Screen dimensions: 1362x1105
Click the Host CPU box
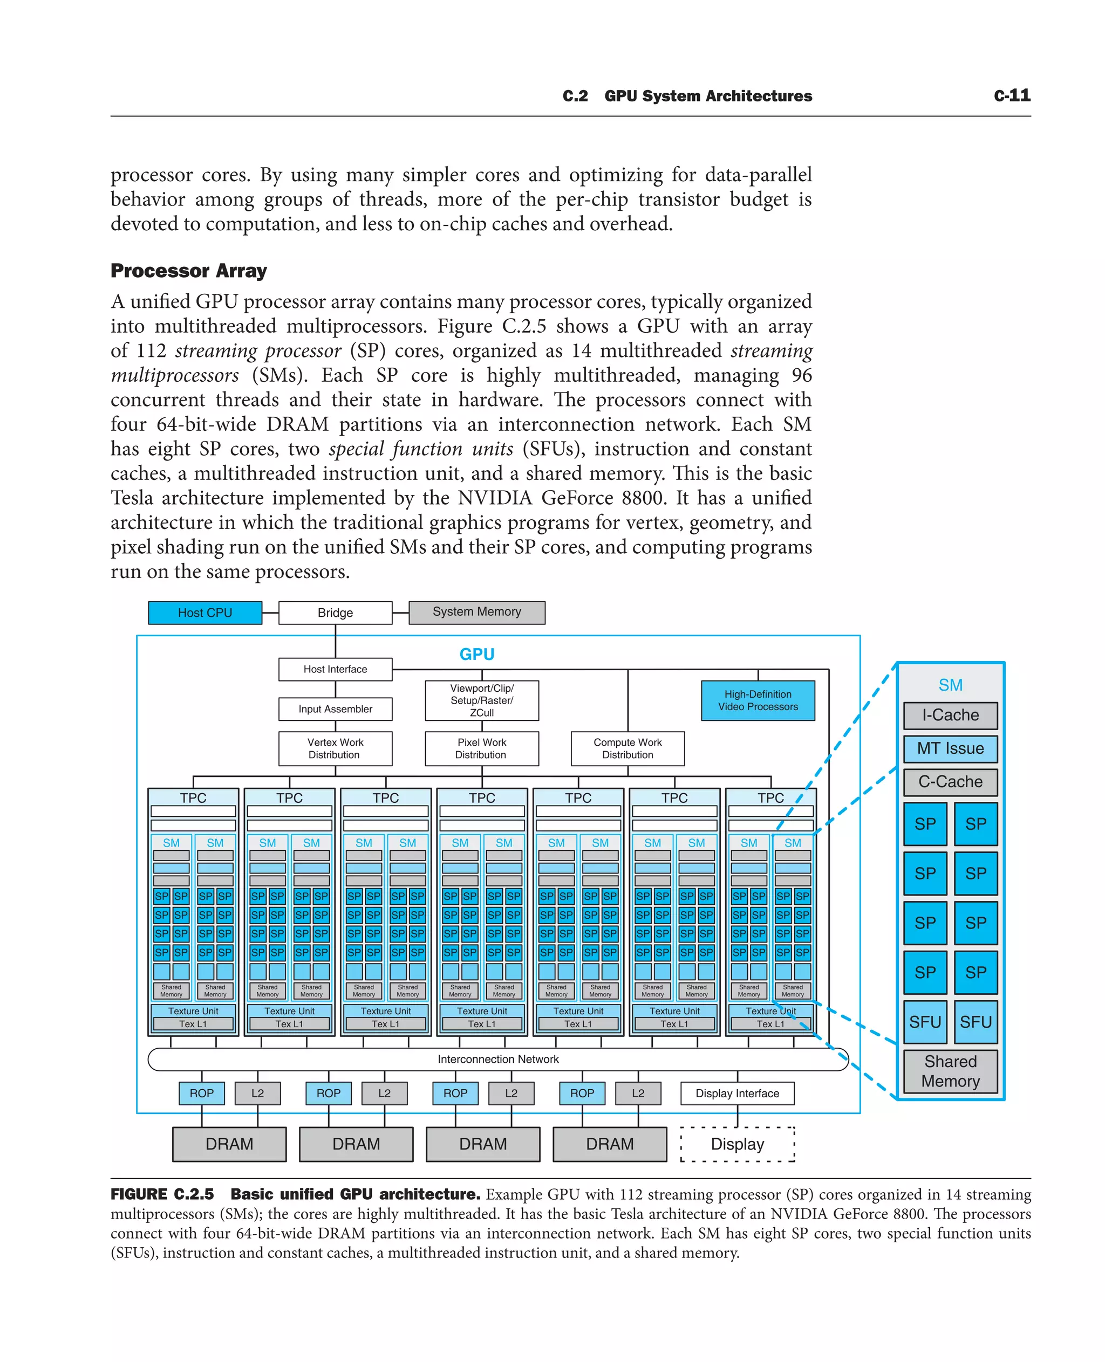pyautogui.click(x=205, y=613)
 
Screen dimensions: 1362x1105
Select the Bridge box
pyautogui.click(x=335, y=613)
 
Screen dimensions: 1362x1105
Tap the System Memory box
pyautogui.click(x=477, y=612)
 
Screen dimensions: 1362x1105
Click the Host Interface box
pyautogui.click(x=335, y=669)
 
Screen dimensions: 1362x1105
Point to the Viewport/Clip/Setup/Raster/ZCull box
pyautogui.click(x=482, y=700)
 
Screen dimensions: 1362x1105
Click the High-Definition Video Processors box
pyautogui.click(x=758, y=700)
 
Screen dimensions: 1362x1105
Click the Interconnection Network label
pyautogui.click(x=498, y=1059)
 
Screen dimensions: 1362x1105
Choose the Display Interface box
pyautogui.click(x=737, y=1093)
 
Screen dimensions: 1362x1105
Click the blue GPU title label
pyautogui.click(x=477, y=654)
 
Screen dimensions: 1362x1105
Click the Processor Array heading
pyautogui.click(x=188, y=271)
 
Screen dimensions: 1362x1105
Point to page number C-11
pyautogui.click(x=1012, y=95)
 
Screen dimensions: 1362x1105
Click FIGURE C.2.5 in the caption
pyautogui.click(x=162, y=1194)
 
